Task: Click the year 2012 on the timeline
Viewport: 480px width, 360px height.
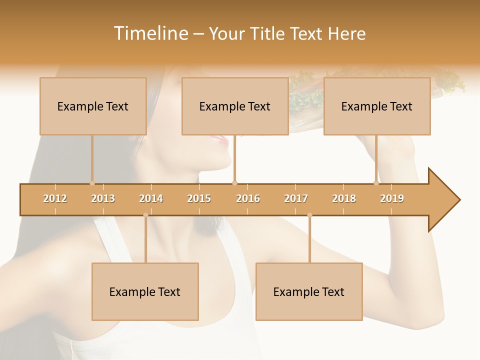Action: pos(55,198)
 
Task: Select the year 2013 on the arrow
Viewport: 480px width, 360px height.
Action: pos(103,198)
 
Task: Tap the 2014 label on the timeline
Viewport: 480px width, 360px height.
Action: pos(151,198)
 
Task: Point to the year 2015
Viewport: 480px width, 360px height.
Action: pos(199,198)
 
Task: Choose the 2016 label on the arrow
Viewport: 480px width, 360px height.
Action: pos(248,198)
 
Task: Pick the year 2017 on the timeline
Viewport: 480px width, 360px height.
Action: pos(296,198)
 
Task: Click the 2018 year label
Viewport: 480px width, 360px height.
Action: pos(344,198)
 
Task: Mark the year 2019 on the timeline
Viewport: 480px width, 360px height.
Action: pos(392,198)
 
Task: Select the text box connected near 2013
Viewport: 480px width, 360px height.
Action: pos(93,106)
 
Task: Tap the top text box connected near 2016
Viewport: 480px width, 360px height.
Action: pos(235,106)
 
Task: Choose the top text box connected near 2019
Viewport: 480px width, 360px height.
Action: pos(377,106)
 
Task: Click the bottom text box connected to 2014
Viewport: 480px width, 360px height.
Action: pos(145,291)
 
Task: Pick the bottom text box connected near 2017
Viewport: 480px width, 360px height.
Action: pos(309,291)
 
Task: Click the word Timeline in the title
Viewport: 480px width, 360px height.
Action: pos(150,33)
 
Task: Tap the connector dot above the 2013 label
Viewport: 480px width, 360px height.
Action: pos(92,183)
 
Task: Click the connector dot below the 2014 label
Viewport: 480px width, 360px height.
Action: pos(145,215)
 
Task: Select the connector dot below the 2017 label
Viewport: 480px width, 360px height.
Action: pos(309,215)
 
